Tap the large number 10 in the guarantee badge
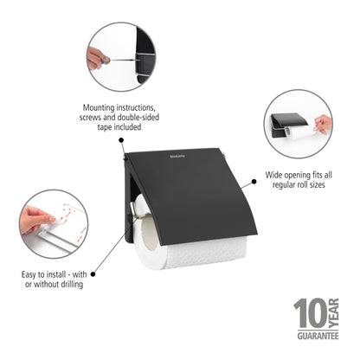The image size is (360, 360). [307, 313]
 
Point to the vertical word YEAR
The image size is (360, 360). [333, 312]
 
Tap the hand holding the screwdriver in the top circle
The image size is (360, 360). [97, 57]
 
